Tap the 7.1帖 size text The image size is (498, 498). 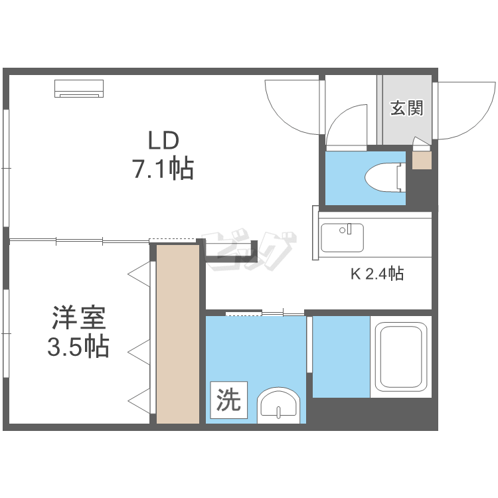163,170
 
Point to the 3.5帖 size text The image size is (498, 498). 78,347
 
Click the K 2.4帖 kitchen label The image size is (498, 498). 377,273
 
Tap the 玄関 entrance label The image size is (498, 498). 406,108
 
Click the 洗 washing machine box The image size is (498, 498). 229,400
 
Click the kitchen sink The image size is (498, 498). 342,237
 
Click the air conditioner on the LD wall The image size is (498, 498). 80,88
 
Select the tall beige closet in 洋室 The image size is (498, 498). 178,333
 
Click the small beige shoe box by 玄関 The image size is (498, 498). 422,161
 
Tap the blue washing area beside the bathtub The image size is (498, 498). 341,357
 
